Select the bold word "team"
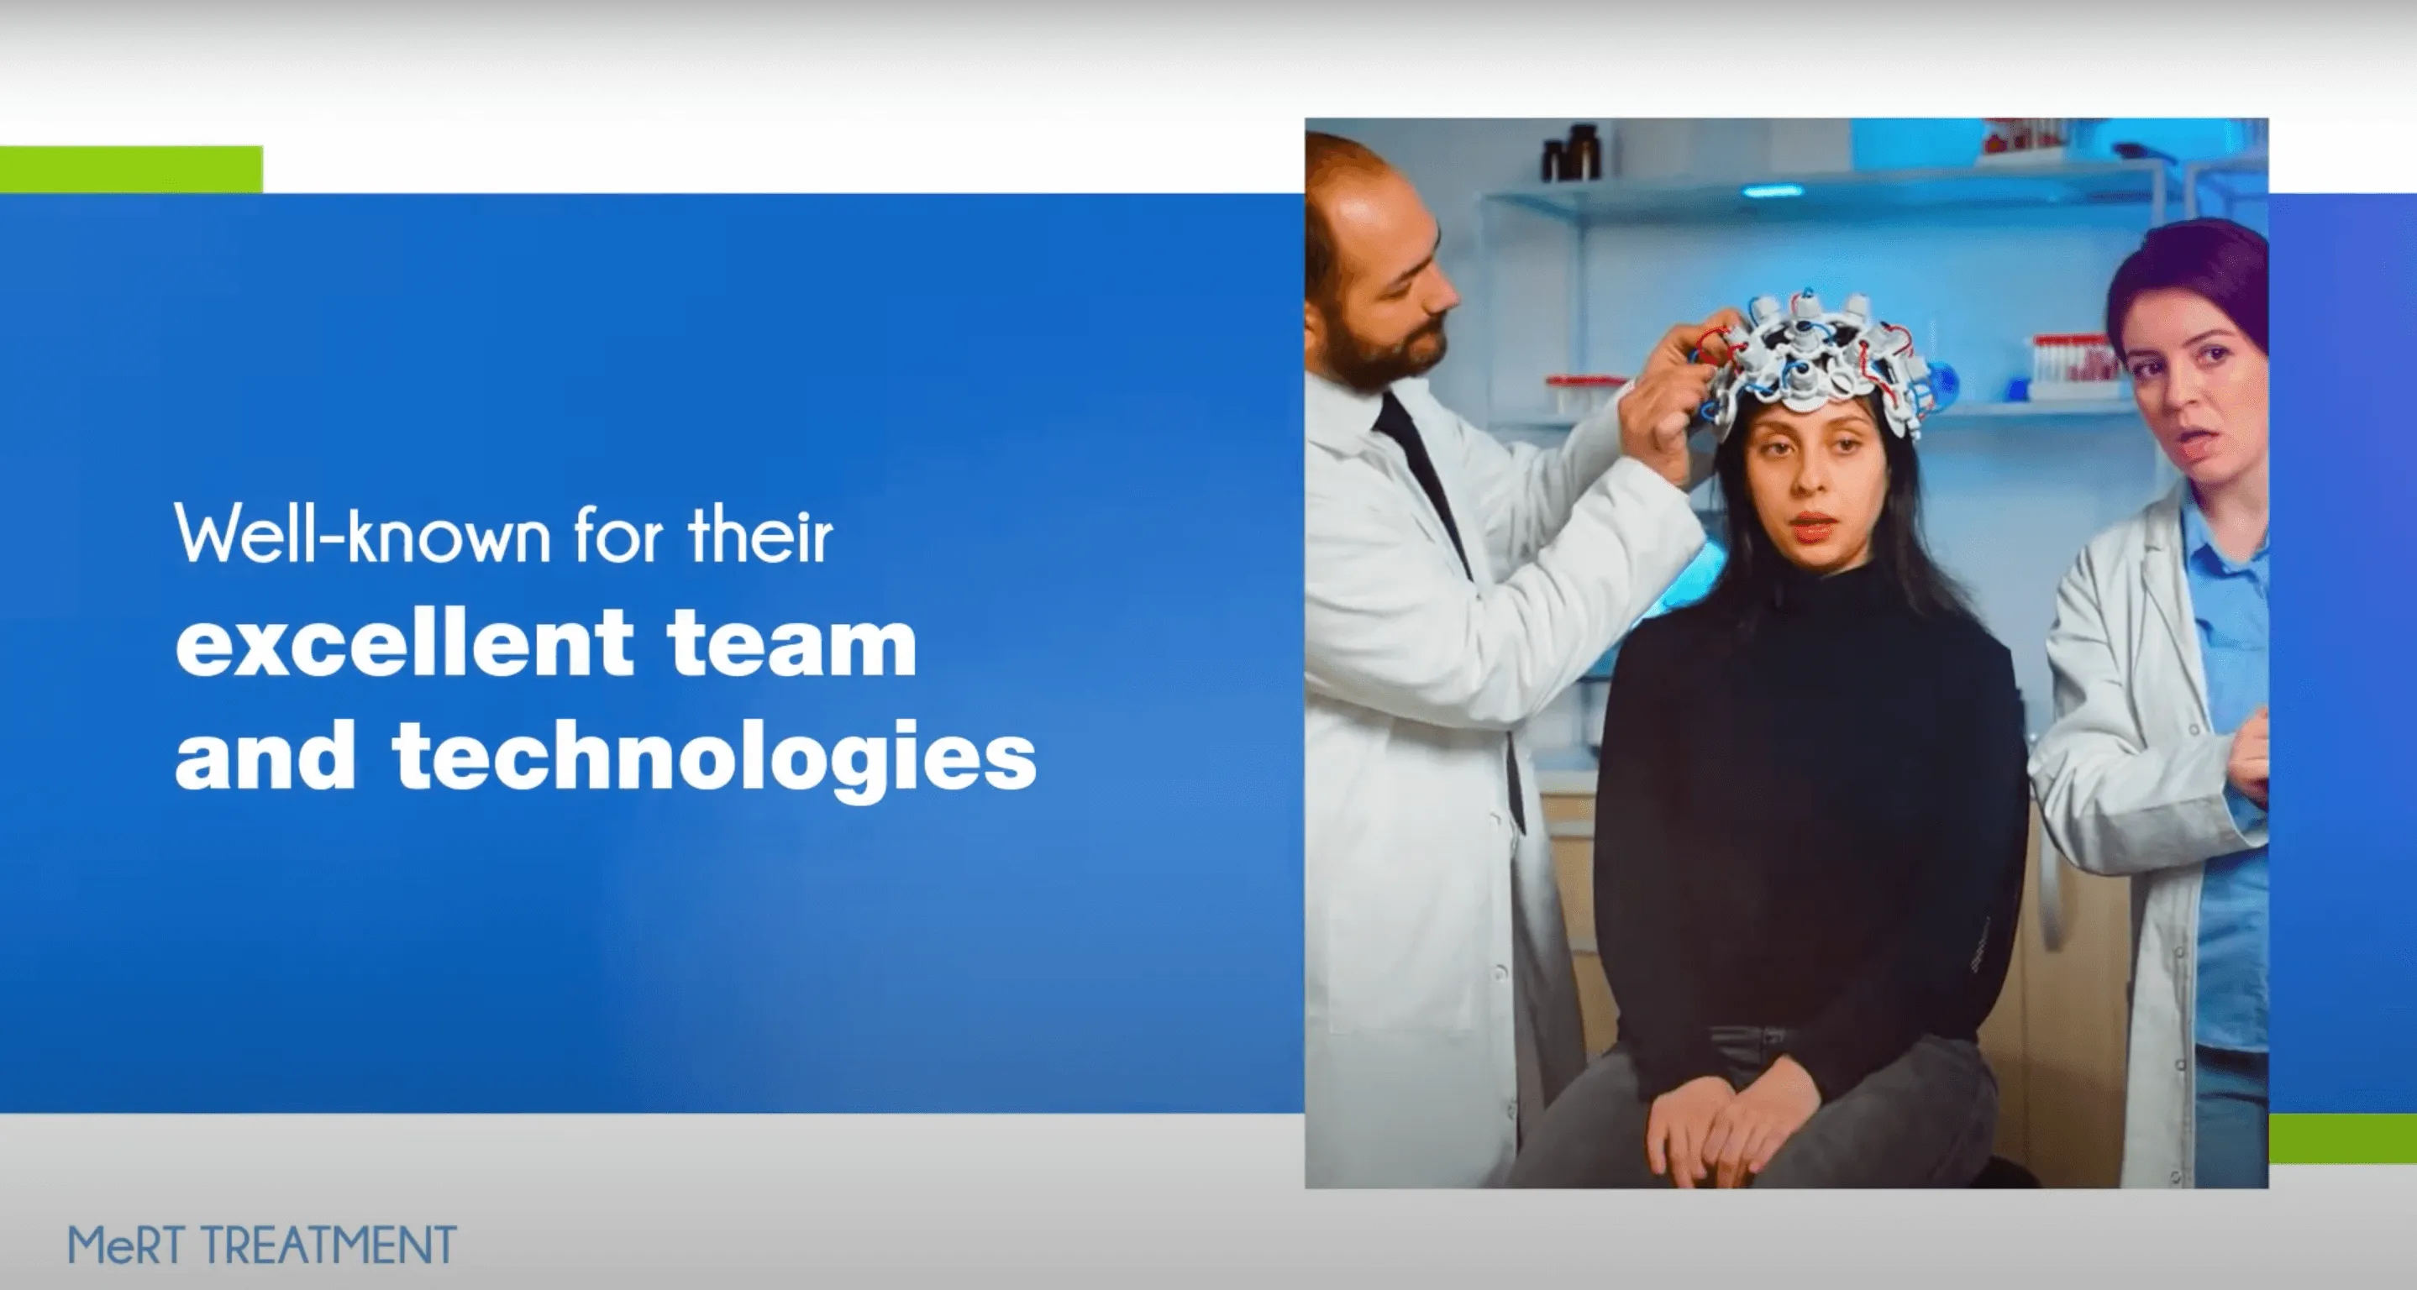pyautogui.click(x=793, y=642)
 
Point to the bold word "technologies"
pyautogui.click(x=715, y=757)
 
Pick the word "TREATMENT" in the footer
pyautogui.click(x=329, y=1245)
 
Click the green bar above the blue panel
pyautogui.click(x=131, y=169)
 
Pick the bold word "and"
pyautogui.click(x=265, y=755)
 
